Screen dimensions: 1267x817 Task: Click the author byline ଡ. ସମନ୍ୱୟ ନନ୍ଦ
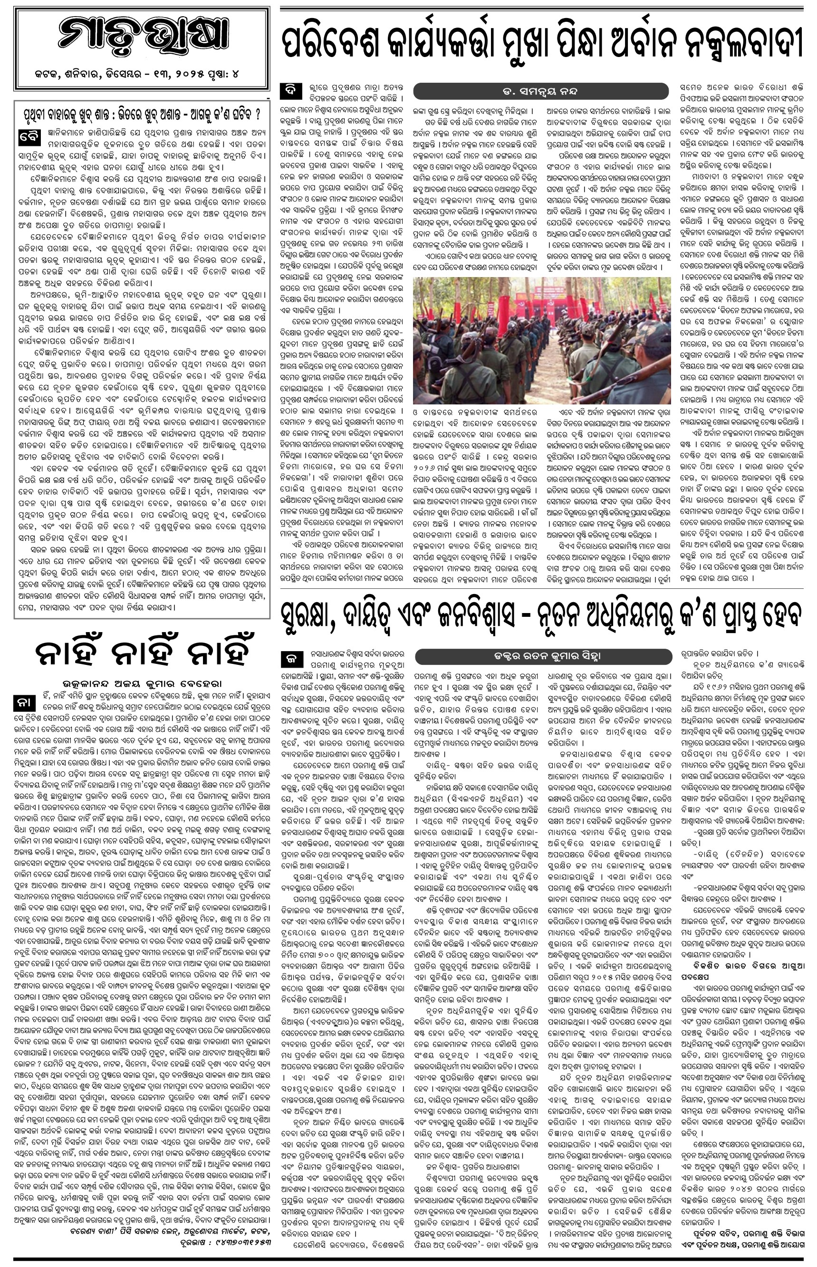(542, 91)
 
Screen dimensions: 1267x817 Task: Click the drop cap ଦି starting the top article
(291, 90)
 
